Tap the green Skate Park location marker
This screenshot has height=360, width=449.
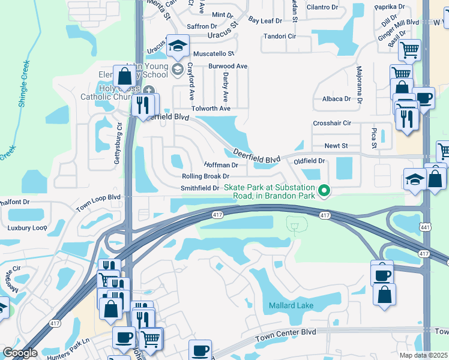coord(325,191)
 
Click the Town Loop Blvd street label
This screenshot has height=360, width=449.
coord(98,203)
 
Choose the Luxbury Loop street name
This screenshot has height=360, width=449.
coord(27,228)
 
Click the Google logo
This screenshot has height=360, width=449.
coord(20,353)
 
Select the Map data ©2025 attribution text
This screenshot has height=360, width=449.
coord(423,355)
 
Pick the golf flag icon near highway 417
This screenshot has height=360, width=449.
coord(294,225)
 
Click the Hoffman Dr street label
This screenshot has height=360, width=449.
coord(221,164)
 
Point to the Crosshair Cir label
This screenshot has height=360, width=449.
coord(332,123)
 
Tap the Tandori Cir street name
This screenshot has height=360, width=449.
coord(280,36)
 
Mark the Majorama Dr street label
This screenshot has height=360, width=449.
coord(360,85)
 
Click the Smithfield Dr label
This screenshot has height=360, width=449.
coord(200,188)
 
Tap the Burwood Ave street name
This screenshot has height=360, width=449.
coord(228,66)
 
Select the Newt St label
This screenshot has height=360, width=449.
coord(336,146)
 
